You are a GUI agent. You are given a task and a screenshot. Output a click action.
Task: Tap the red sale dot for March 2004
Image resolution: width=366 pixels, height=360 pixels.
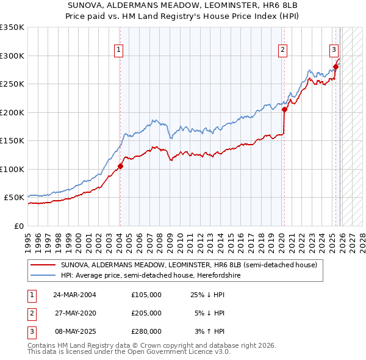[x=120, y=166]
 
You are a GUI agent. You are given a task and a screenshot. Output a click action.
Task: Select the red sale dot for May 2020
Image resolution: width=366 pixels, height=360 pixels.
[x=284, y=109]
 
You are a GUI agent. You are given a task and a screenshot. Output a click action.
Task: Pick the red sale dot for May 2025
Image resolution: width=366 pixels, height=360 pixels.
[x=335, y=67]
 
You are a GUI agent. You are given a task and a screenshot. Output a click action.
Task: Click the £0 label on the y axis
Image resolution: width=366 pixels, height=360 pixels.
[x=18, y=226]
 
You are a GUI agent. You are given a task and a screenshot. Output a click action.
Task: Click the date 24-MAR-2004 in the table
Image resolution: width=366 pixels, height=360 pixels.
[x=74, y=295]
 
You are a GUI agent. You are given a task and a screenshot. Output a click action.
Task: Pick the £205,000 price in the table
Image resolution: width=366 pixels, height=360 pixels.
[x=146, y=313]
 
